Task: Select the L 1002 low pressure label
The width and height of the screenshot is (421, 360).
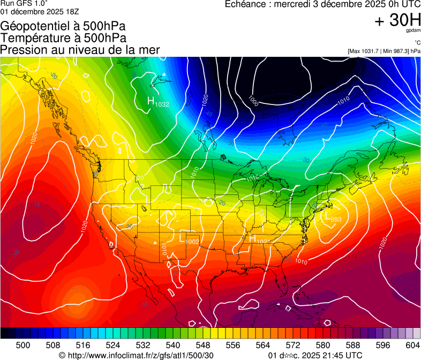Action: [x=189, y=239]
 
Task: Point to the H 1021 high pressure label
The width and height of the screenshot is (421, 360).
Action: [x=260, y=239]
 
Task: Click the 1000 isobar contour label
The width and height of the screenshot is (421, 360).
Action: [x=254, y=100]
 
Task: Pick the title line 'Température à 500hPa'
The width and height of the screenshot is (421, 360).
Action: [x=63, y=38]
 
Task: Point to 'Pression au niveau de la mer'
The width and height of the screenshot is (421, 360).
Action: [x=80, y=50]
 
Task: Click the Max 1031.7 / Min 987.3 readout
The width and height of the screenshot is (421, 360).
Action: [x=384, y=51]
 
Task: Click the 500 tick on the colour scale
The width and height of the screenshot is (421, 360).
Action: [x=23, y=345]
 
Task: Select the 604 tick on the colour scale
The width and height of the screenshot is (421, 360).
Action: [x=412, y=345]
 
